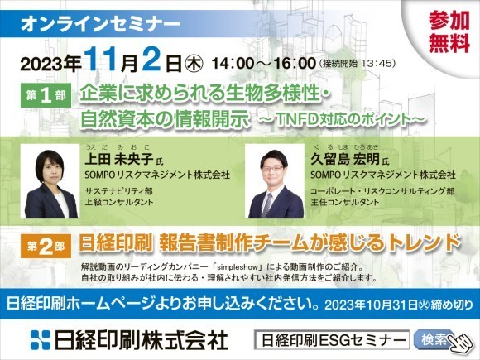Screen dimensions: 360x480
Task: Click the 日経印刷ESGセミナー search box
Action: (x=331, y=339)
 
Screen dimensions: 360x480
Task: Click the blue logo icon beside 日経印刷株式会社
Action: (x=41, y=339)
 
